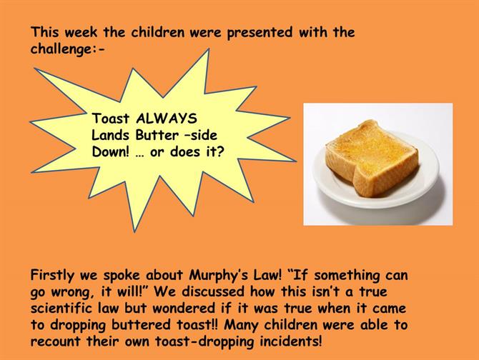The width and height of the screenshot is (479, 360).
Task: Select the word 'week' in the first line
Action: click(x=81, y=32)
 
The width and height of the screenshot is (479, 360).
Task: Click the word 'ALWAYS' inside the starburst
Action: click(x=167, y=119)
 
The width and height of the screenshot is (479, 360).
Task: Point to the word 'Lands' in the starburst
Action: click(x=110, y=135)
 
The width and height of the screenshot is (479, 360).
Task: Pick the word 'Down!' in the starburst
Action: click(x=110, y=151)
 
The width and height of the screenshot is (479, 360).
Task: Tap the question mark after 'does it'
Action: click(x=221, y=151)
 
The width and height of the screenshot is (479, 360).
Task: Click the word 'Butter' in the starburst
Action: click(x=157, y=135)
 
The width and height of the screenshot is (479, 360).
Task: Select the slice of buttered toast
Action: click(x=372, y=157)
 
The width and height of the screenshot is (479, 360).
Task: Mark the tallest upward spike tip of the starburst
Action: click(x=209, y=49)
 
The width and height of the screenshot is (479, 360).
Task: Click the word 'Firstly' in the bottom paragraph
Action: click(x=52, y=275)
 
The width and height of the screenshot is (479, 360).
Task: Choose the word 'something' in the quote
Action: click(x=347, y=275)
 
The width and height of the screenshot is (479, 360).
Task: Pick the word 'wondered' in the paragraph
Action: click(x=184, y=308)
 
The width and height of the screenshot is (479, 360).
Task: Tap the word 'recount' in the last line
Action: click(x=55, y=341)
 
